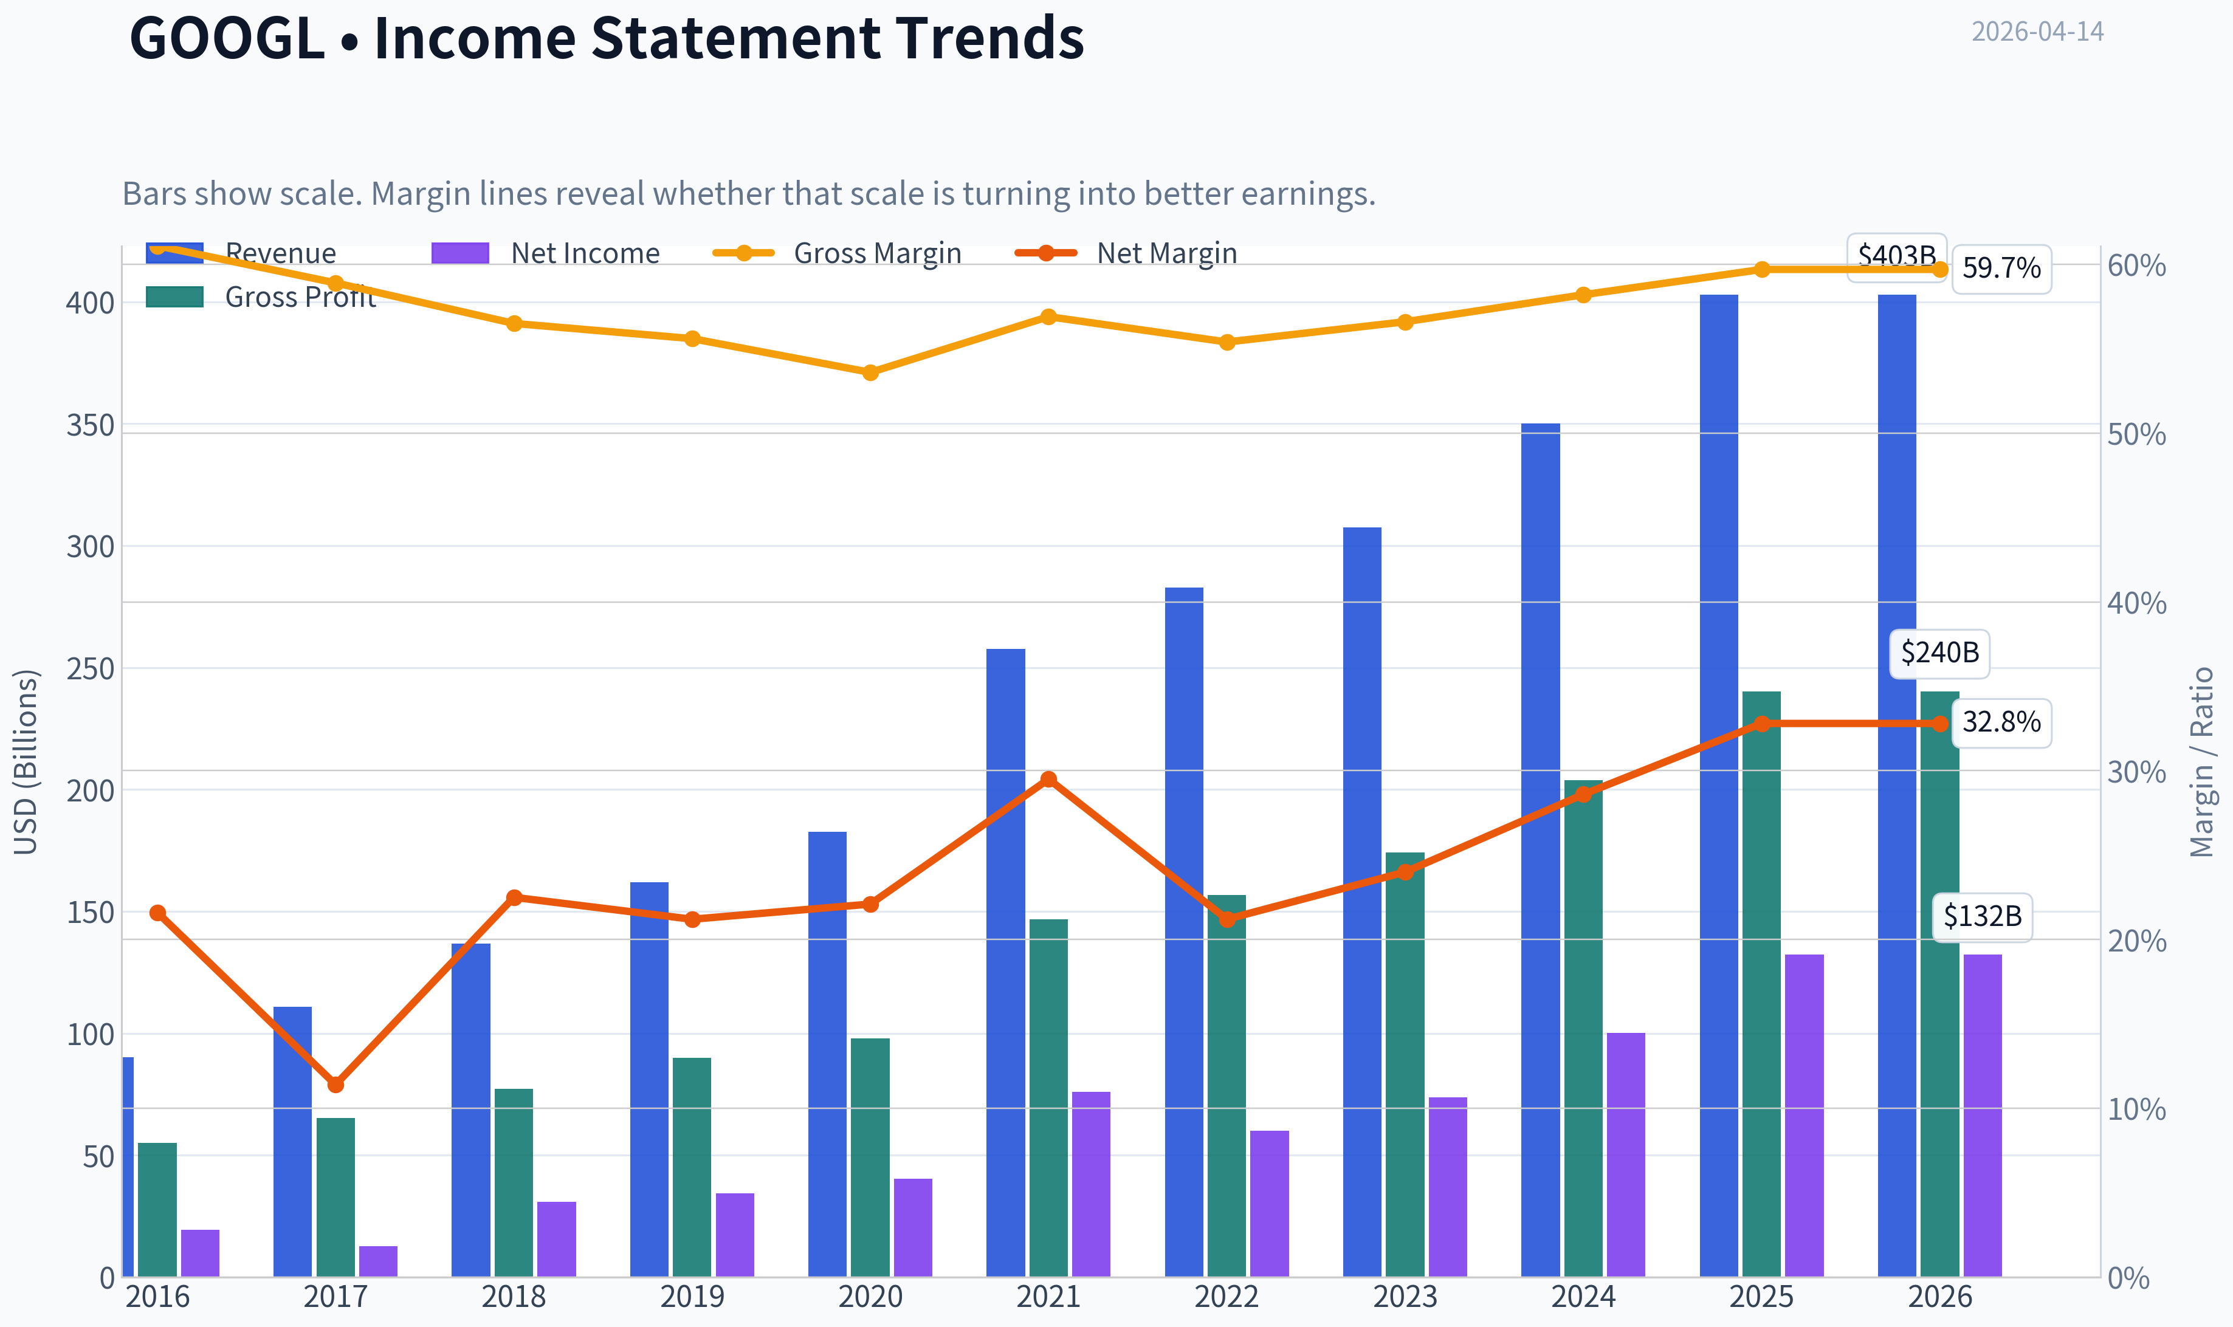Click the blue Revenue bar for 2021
click(1005, 962)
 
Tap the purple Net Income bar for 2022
click(1269, 1204)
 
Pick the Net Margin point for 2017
click(336, 1085)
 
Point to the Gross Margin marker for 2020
click(871, 372)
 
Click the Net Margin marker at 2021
click(1049, 779)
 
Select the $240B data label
click(1939, 653)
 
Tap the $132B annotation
click(1983, 916)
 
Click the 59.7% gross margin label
click(2001, 269)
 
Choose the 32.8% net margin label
click(2001, 722)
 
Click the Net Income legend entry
click(546, 253)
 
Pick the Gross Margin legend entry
click(837, 253)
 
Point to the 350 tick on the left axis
click(91, 426)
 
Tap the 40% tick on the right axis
click(2136, 603)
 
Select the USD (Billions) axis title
click(26, 762)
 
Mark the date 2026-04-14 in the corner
click(2038, 32)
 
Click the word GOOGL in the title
click(227, 38)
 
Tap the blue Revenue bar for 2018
click(470, 1109)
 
